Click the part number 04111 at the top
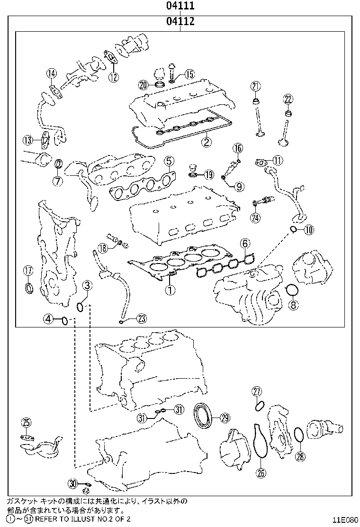(180, 6)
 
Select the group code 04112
(180, 22)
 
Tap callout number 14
(52, 73)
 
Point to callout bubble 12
(113, 77)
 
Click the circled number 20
(144, 85)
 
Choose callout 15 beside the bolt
(189, 74)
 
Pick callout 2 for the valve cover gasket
(206, 141)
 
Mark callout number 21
(256, 86)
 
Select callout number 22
(288, 99)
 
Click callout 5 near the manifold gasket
(169, 162)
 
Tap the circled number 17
(28, 271)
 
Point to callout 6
(244, 244)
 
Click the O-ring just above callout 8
(292, 290)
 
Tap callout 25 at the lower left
(26, 422)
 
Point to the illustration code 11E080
(345, 519)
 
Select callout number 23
(142, 319)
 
